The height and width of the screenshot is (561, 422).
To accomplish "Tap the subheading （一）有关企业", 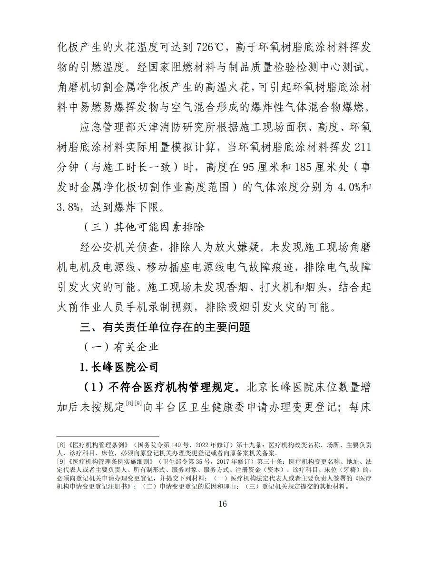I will [x=121, y=347].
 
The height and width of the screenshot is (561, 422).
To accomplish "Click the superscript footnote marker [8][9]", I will [x=134, y=404].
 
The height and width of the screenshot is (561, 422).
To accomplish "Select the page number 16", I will [x=211, y=504].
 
